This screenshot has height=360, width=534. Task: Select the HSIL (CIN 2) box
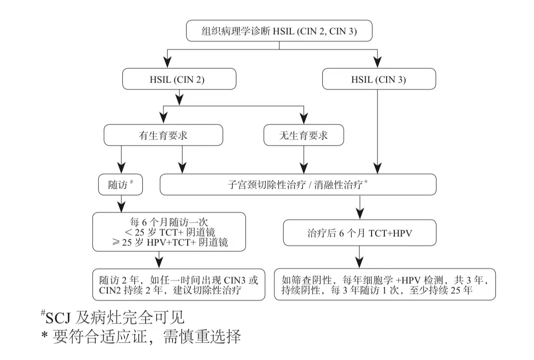(179, 79)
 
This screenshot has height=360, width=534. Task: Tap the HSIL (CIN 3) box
(379, 79)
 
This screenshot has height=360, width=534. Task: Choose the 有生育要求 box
(163, 136)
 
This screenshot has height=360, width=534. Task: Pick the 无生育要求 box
(304, 136)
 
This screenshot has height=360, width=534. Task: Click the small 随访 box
(121, 185)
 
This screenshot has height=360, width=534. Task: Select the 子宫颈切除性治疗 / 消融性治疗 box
(298, 185)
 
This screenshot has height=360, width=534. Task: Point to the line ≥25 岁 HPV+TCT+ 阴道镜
(169, 243)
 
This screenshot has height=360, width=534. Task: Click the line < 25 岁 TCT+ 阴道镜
(169, 232)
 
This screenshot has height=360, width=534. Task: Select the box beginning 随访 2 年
(178, 285)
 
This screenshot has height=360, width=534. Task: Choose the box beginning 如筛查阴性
(384, 285)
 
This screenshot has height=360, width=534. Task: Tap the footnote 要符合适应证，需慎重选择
(141, 337)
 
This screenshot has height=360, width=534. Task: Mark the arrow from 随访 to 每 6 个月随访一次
(121, 203)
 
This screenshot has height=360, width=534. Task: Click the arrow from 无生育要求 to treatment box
(304, 160)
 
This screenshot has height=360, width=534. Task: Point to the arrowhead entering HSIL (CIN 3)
(378, 63)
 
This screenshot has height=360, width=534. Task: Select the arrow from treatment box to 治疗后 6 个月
(360, 208)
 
